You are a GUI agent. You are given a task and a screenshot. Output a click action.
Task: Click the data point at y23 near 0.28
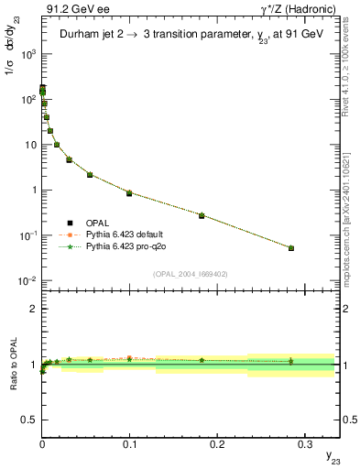[x=290, y=247]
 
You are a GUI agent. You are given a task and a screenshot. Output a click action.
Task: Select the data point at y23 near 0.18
[x=202, y=215]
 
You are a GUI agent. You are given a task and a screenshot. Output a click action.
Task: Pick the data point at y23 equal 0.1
[x=129, y=193]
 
